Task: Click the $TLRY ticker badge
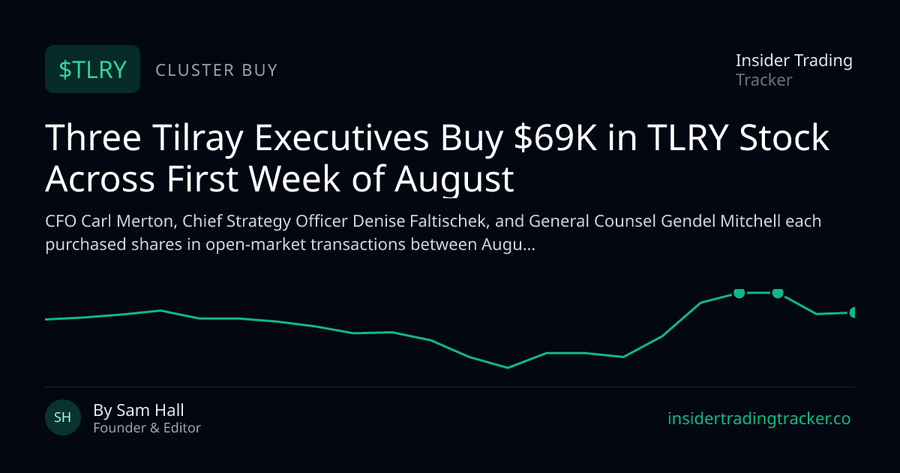[x=92, y=69]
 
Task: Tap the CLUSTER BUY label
[x=217, y=70]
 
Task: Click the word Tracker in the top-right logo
[x=763, y=80]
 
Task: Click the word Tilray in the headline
[x=198, y=139]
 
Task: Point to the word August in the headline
[x=454, y=179]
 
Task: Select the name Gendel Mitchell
[x=721, y=221]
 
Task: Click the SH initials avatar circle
[x=63, y=417]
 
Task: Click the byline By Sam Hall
[x=139, y=410]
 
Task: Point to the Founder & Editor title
[x=147, y=428]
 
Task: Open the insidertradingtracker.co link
[x=759, y=419]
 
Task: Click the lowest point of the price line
[x=508, y=368]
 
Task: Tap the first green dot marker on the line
[x=739, y=293]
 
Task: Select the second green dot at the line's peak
[x=778, y=293]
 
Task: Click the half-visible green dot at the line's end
[x=852, y=312]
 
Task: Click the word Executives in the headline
[x=342, y=138]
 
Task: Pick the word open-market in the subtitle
[x=256, y=245]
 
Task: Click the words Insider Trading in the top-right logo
[x=794, y=61]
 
